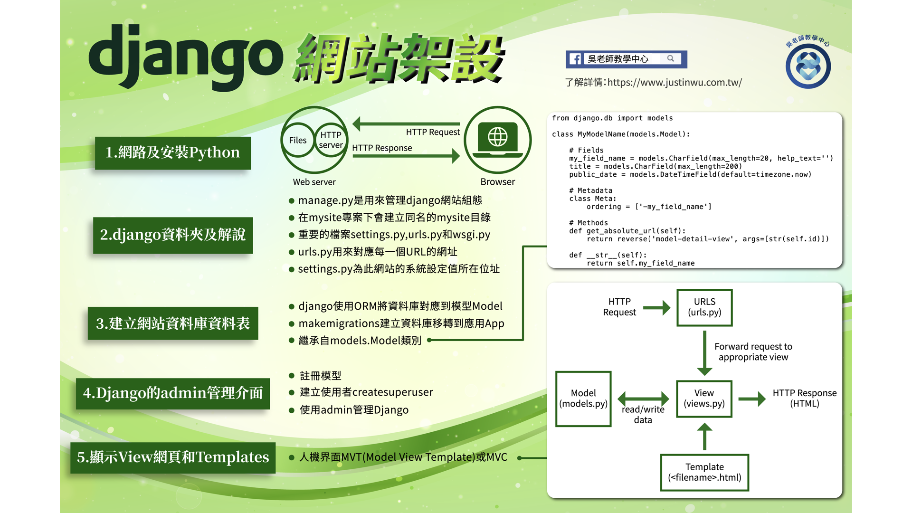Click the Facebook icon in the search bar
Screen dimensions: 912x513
[x=575, y=59]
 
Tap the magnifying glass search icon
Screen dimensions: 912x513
[x=671, y=58]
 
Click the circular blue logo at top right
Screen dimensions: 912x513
[x=808, y=66]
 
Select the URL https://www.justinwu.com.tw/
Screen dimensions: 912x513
[x=674, y=82]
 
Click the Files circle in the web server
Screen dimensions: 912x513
[x=298, y=140]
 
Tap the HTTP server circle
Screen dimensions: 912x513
[x=331, y=140]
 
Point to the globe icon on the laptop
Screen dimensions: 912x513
[x=498, y=137]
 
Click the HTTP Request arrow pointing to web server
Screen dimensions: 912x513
[x=407, y=124]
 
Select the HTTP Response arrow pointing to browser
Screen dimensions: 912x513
[x=407, y=156]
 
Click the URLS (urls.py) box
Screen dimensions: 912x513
[x=704, y=307]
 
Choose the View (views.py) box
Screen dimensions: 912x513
[x=704, y=399]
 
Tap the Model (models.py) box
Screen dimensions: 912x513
[x=583, y=399]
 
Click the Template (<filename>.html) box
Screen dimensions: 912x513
[x=704, y=472]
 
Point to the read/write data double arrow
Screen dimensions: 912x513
[x=643, y=399]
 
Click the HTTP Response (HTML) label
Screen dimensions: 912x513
[x=805, y=398]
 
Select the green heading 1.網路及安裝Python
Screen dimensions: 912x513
[x=173, y=153]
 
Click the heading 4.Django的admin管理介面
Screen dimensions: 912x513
[x=173, y=393]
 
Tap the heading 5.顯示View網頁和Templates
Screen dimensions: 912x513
[x=173, y=457]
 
